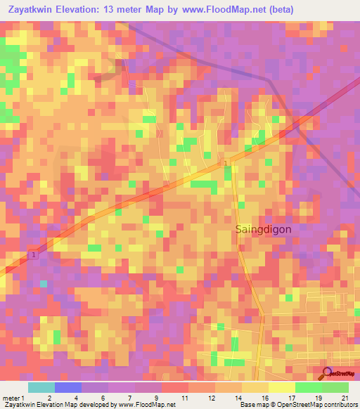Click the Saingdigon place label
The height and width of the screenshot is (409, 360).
click(261, 229)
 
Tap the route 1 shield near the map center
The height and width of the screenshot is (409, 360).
click(225, 163)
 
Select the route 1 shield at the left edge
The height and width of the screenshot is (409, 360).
click(32, 254)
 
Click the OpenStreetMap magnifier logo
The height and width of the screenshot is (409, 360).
click(326, 374)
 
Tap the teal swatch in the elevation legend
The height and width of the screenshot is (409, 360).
click(41, 387)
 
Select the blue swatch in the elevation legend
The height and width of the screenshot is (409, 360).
click(67, 387)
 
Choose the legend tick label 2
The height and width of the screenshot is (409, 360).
click(48, 398)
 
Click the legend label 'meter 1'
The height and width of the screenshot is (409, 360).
click(13, 398)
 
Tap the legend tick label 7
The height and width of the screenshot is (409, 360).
click(129, 398)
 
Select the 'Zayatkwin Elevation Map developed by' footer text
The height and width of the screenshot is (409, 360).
click(59, 405)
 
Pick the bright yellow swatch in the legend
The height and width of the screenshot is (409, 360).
click(281, 387)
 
